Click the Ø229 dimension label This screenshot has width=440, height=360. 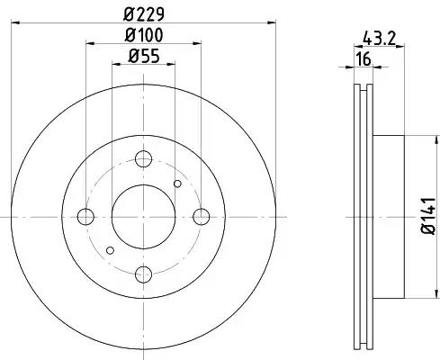pyautogui.click(x=144, y=14)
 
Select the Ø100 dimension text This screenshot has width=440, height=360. pyautogui.click(x=144, y=35)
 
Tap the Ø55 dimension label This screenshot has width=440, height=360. pyautogui.click(x=144, y=56)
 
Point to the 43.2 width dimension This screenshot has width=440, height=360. pyautogui.click(x=380, y=39)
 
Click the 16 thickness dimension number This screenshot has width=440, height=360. pyautogui.click(x=364, y=59)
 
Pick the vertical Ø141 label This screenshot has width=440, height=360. pyautogui.click(x=428, y=216)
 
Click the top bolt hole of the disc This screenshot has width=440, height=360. pyautogui.click(x=143, y=158)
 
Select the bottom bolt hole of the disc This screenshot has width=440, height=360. pyautogui.click(x=143, y=274)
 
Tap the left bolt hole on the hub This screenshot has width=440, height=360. pyautogui.click(x=85, y=217)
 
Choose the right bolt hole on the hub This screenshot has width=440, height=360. pyautogui.click(x=202, y=217)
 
